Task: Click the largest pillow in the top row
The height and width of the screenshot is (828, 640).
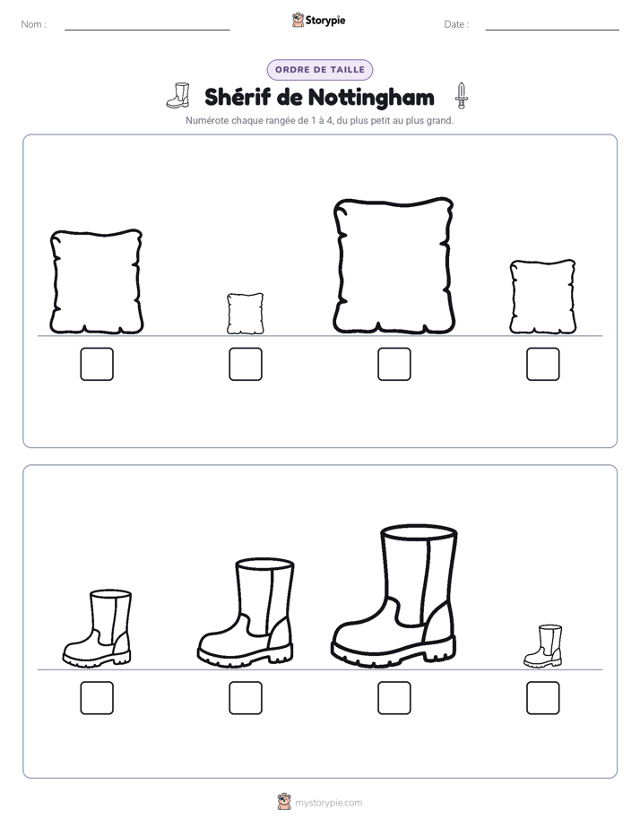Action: click(x=394, y=265)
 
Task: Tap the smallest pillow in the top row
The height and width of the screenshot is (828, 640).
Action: click(x=246, y=314)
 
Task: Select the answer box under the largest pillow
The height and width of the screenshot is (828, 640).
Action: click(x=394, y=364)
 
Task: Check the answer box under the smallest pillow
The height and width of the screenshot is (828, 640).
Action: click(x=246, y=364)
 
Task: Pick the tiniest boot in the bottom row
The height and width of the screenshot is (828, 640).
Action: click(x=543, y=646)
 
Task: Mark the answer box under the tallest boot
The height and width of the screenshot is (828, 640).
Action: click(x=394, y=697)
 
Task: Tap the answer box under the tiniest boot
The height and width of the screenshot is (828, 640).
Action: click(x=543, y=697)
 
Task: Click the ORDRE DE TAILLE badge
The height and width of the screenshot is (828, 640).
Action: click(x=320, y=70)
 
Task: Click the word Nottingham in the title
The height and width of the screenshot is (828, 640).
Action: click(x=371, y=97)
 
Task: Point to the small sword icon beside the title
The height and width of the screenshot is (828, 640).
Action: click(x=462, y=96)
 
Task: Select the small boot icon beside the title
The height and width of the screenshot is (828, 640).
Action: click(x=178, y=96)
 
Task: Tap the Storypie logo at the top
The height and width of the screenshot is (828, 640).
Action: click(x=319, y=20)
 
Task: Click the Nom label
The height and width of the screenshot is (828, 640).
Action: click(x=34, y=24)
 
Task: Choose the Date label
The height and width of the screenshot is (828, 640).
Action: click(x=456, y=24)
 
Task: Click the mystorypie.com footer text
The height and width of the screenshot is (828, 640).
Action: click(x=328, y=803)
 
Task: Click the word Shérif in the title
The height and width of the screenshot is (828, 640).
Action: click(x=238, y=97)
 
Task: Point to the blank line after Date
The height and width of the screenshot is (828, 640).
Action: click(x=552, y=30)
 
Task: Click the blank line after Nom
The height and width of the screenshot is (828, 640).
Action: click(x=147, y=30)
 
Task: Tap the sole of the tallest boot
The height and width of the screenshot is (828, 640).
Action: click(x=394, y=654)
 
